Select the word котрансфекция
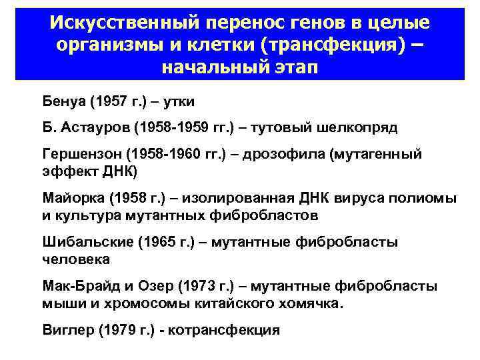click(227, 330)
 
